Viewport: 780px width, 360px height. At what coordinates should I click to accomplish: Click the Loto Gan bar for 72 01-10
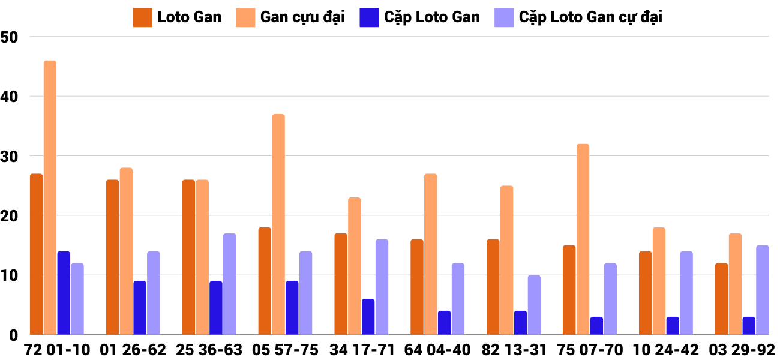click(37, 254)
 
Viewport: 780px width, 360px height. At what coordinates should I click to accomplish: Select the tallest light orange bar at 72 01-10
click(50, 198)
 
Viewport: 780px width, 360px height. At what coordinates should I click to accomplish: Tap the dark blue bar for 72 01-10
click(64, 293)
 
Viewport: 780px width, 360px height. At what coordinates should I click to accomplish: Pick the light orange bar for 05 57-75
click(278, 224)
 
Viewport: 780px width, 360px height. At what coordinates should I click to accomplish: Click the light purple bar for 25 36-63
click(230, 284)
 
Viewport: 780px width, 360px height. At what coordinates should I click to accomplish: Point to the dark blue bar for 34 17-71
click(368, 317)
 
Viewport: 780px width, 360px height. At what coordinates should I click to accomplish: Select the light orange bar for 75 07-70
click(583, 239)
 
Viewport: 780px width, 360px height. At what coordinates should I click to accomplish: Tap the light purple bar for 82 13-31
click(535, 305)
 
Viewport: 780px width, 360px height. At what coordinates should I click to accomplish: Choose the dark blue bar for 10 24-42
click(673, 326)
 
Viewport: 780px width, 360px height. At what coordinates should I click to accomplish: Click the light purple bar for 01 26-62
click(154, 293)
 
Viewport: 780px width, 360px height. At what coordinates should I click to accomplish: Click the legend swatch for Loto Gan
click(142, 17)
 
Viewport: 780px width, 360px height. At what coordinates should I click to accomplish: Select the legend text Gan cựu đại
click(302, 17)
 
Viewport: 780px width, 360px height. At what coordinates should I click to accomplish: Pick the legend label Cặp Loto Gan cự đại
click(590, 17)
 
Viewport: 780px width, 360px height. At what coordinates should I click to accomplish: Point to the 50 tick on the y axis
click(11, 37)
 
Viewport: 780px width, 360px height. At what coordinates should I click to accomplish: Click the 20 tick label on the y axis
click(11, 216)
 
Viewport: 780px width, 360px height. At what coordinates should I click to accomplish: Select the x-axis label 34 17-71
click(362, 350)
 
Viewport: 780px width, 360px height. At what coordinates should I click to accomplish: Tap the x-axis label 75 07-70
click(590, 350)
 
